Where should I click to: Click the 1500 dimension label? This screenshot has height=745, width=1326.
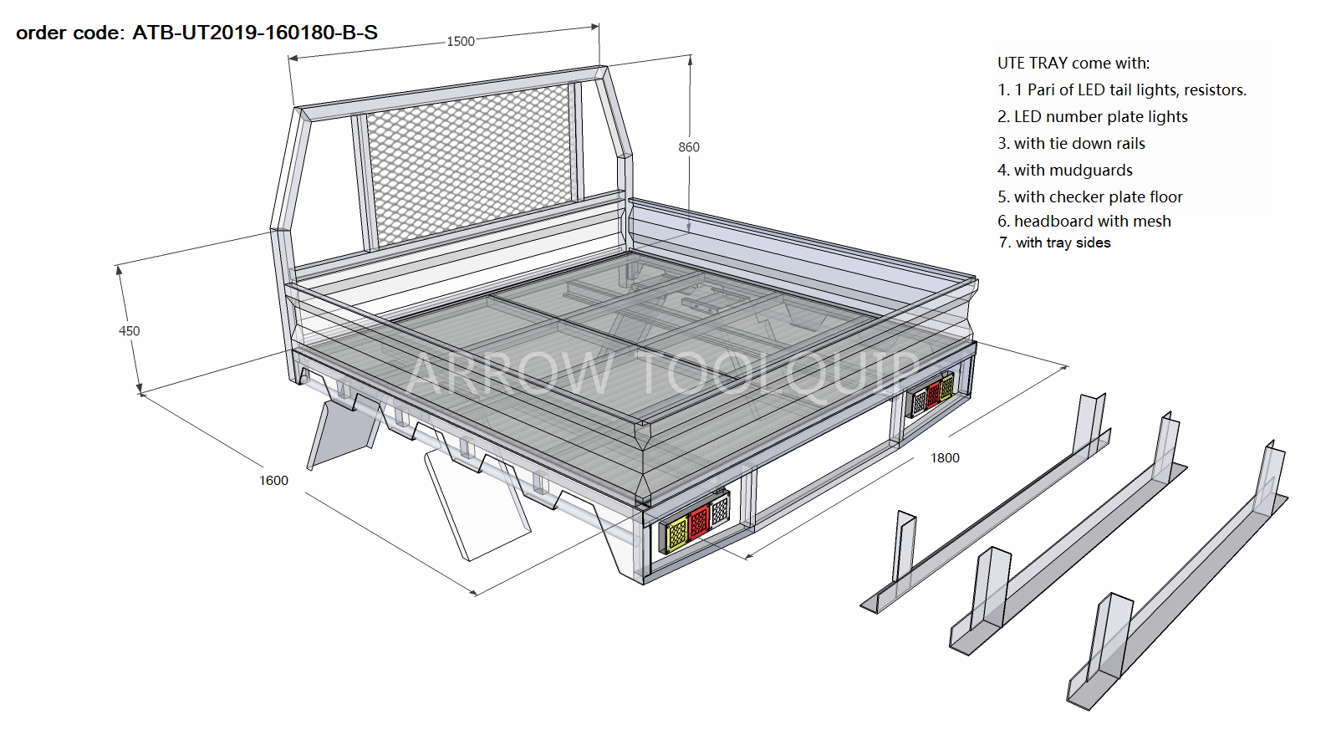pos(460,41)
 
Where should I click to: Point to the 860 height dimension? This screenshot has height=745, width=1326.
pos(689,147)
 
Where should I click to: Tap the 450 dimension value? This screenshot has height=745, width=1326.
pos(130,331)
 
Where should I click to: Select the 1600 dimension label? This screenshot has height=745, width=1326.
pos(273,481)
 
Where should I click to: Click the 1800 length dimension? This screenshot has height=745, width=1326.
pos(945,458)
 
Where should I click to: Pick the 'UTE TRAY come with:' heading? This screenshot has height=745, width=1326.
pos(1073,64)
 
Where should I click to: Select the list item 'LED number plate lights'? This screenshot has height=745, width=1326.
pos(1100,117)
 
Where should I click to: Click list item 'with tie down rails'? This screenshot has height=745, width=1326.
pos(1079,144)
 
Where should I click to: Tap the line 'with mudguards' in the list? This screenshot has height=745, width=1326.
pos(1073,171)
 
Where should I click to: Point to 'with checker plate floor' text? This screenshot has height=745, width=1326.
pos(1098,197)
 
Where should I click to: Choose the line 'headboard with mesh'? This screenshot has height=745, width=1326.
pos(1092,222)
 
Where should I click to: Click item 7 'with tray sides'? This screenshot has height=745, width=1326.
pos(1063,243)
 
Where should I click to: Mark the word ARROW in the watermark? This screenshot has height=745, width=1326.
pos(509,374)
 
